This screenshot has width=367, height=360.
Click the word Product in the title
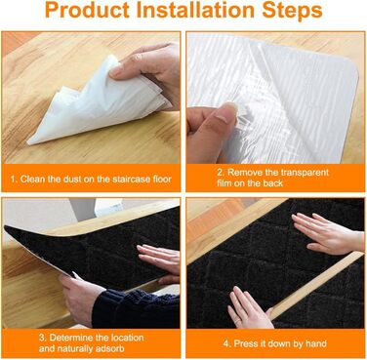coord(88,11)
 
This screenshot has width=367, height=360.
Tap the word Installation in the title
coord(195,10)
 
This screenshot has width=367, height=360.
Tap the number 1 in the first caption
coord(13,180)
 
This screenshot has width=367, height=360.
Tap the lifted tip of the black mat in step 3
coord(7,228)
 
